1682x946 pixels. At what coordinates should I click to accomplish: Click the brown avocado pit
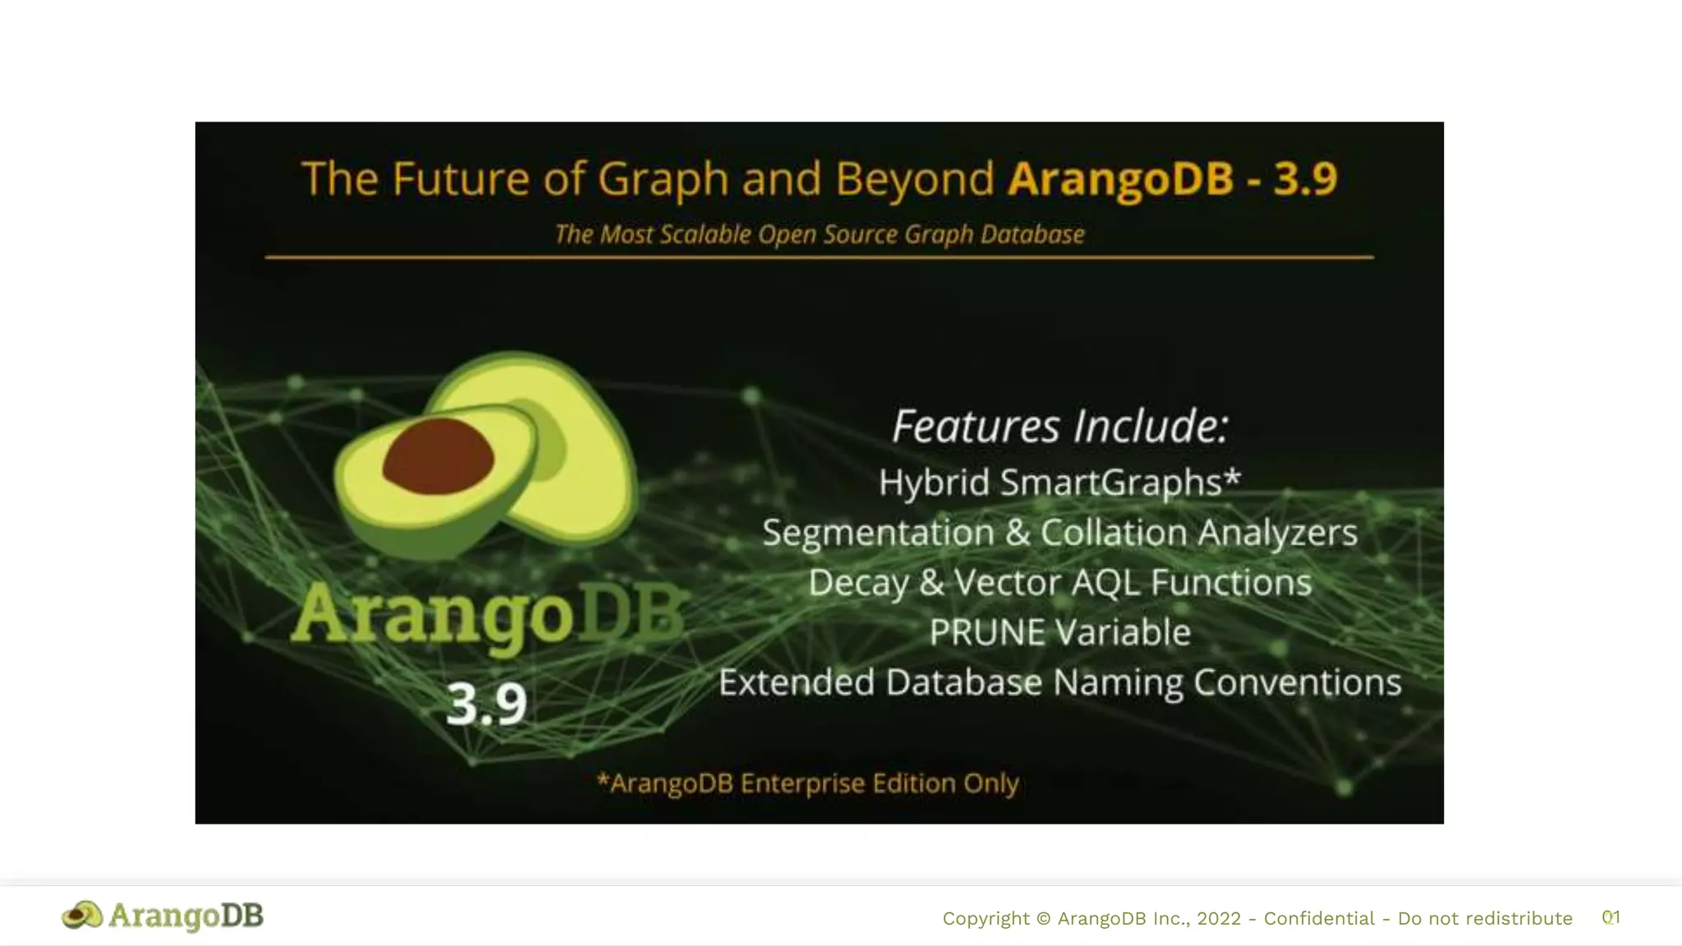click(x=438, y=457)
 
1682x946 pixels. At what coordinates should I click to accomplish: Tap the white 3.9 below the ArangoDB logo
click(x=486, y=704)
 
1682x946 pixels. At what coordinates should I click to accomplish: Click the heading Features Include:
click(x=1059, y=426)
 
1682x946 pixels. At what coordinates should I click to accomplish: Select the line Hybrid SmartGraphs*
click(x=1059, y=482)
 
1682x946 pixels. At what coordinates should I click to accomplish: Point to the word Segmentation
click(x=877, y=532)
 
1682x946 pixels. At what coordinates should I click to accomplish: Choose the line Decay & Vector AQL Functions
click(x=1059, y=582)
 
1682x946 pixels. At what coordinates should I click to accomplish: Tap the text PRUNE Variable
click(x=1059, y=632)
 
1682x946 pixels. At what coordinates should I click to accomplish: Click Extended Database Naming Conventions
click(x=1059, y=682)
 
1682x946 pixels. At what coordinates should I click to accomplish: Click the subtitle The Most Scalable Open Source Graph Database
click(x=819, y=234)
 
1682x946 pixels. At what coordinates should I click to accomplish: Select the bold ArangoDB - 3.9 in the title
click(x=1173, y=178)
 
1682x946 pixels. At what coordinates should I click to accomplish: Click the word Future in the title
click(x=460, y=178)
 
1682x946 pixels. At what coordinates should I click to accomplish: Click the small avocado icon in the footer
click(x=82, y=915)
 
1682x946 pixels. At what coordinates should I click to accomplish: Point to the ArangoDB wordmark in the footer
click(x=186, y=915)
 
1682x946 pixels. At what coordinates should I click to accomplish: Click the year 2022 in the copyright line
click(x=1219, y=918)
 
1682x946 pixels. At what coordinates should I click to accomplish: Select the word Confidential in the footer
click(x=1318, y=918)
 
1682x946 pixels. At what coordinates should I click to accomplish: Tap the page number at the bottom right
click(x=1611, y=917)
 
